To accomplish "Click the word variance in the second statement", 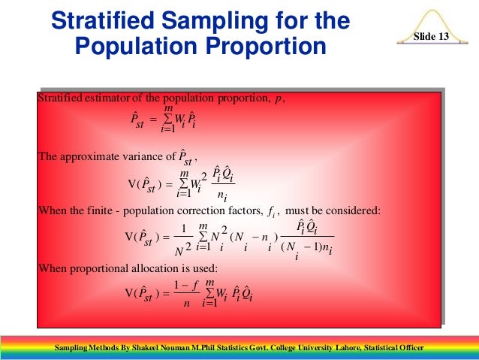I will pos(137,157).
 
